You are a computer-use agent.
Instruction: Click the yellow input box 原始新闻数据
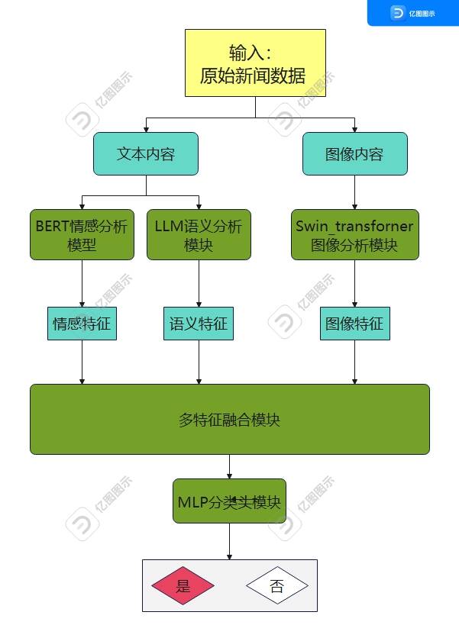tap(255, 63)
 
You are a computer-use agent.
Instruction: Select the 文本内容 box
tap(146, 153)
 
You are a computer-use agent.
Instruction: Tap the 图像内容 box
tap(354, 153)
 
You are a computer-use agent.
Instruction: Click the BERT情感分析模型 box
tap(82, 235)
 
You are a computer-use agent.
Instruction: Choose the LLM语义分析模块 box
tap(199, 235)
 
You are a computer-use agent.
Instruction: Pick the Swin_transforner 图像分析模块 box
tap(354, 235)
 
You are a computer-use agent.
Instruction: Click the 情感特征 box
tap(82, 324)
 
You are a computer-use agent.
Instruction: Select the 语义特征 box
tap(199, 324)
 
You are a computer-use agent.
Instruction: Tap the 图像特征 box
tap(354, 324)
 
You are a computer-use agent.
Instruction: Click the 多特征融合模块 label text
tap(229, 420)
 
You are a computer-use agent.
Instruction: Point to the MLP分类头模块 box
tap(229, 501)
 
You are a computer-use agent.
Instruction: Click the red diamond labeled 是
tap(183, 586)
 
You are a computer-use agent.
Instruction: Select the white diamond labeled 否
tap(276, 586)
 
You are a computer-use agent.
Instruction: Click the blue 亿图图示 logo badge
tap(412, 13)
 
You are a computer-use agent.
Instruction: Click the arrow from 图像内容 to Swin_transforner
tap(354, 192)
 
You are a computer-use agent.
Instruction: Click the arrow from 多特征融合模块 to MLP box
tap(229, 467)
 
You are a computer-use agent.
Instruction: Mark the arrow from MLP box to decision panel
tap(229, 542)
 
